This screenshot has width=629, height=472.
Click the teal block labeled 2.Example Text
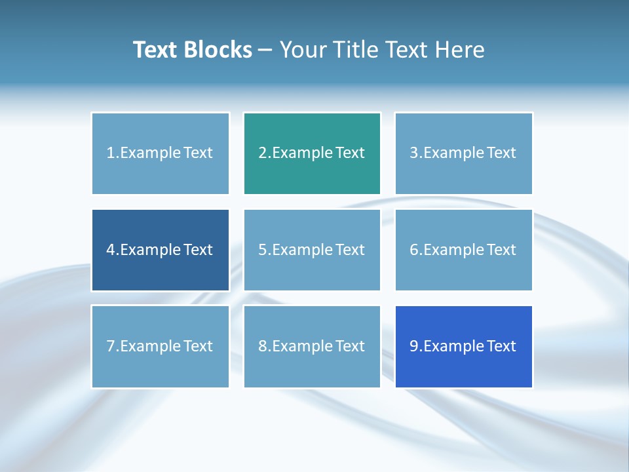tap(312, 153)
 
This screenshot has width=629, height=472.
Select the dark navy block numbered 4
tap(161, 250)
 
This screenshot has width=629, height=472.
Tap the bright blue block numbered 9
tap(463, 346)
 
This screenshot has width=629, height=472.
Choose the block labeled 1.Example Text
tap(161, 153)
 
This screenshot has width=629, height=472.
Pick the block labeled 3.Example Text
tap(463, 153)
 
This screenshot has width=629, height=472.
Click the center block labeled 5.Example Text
tap(312, 250)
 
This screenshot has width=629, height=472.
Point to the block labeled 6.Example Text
tap(463, 250)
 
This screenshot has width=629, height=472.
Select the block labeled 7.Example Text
tap(161, 346)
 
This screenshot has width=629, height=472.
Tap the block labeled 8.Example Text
tap(312, 346)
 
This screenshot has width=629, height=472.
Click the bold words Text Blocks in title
tap(193, 50)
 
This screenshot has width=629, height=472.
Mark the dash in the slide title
tap(265, 50)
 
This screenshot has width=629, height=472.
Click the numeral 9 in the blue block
tap(414, 346)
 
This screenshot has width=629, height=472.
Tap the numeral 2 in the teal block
tap(262, 153)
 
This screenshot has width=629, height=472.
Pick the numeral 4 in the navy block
tap(111, 250)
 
